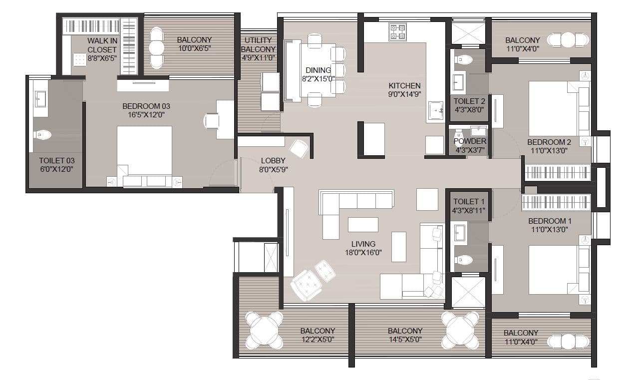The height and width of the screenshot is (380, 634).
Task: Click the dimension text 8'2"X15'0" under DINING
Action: point(318,79)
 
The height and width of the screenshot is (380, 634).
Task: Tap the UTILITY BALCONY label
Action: point(258,44)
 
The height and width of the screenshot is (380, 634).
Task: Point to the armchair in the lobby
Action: point(299,148)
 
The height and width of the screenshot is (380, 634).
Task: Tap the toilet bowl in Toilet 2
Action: point(463,59)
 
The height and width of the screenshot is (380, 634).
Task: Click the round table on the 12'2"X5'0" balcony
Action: point(263,330)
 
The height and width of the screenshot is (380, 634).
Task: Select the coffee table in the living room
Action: point(363,225)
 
